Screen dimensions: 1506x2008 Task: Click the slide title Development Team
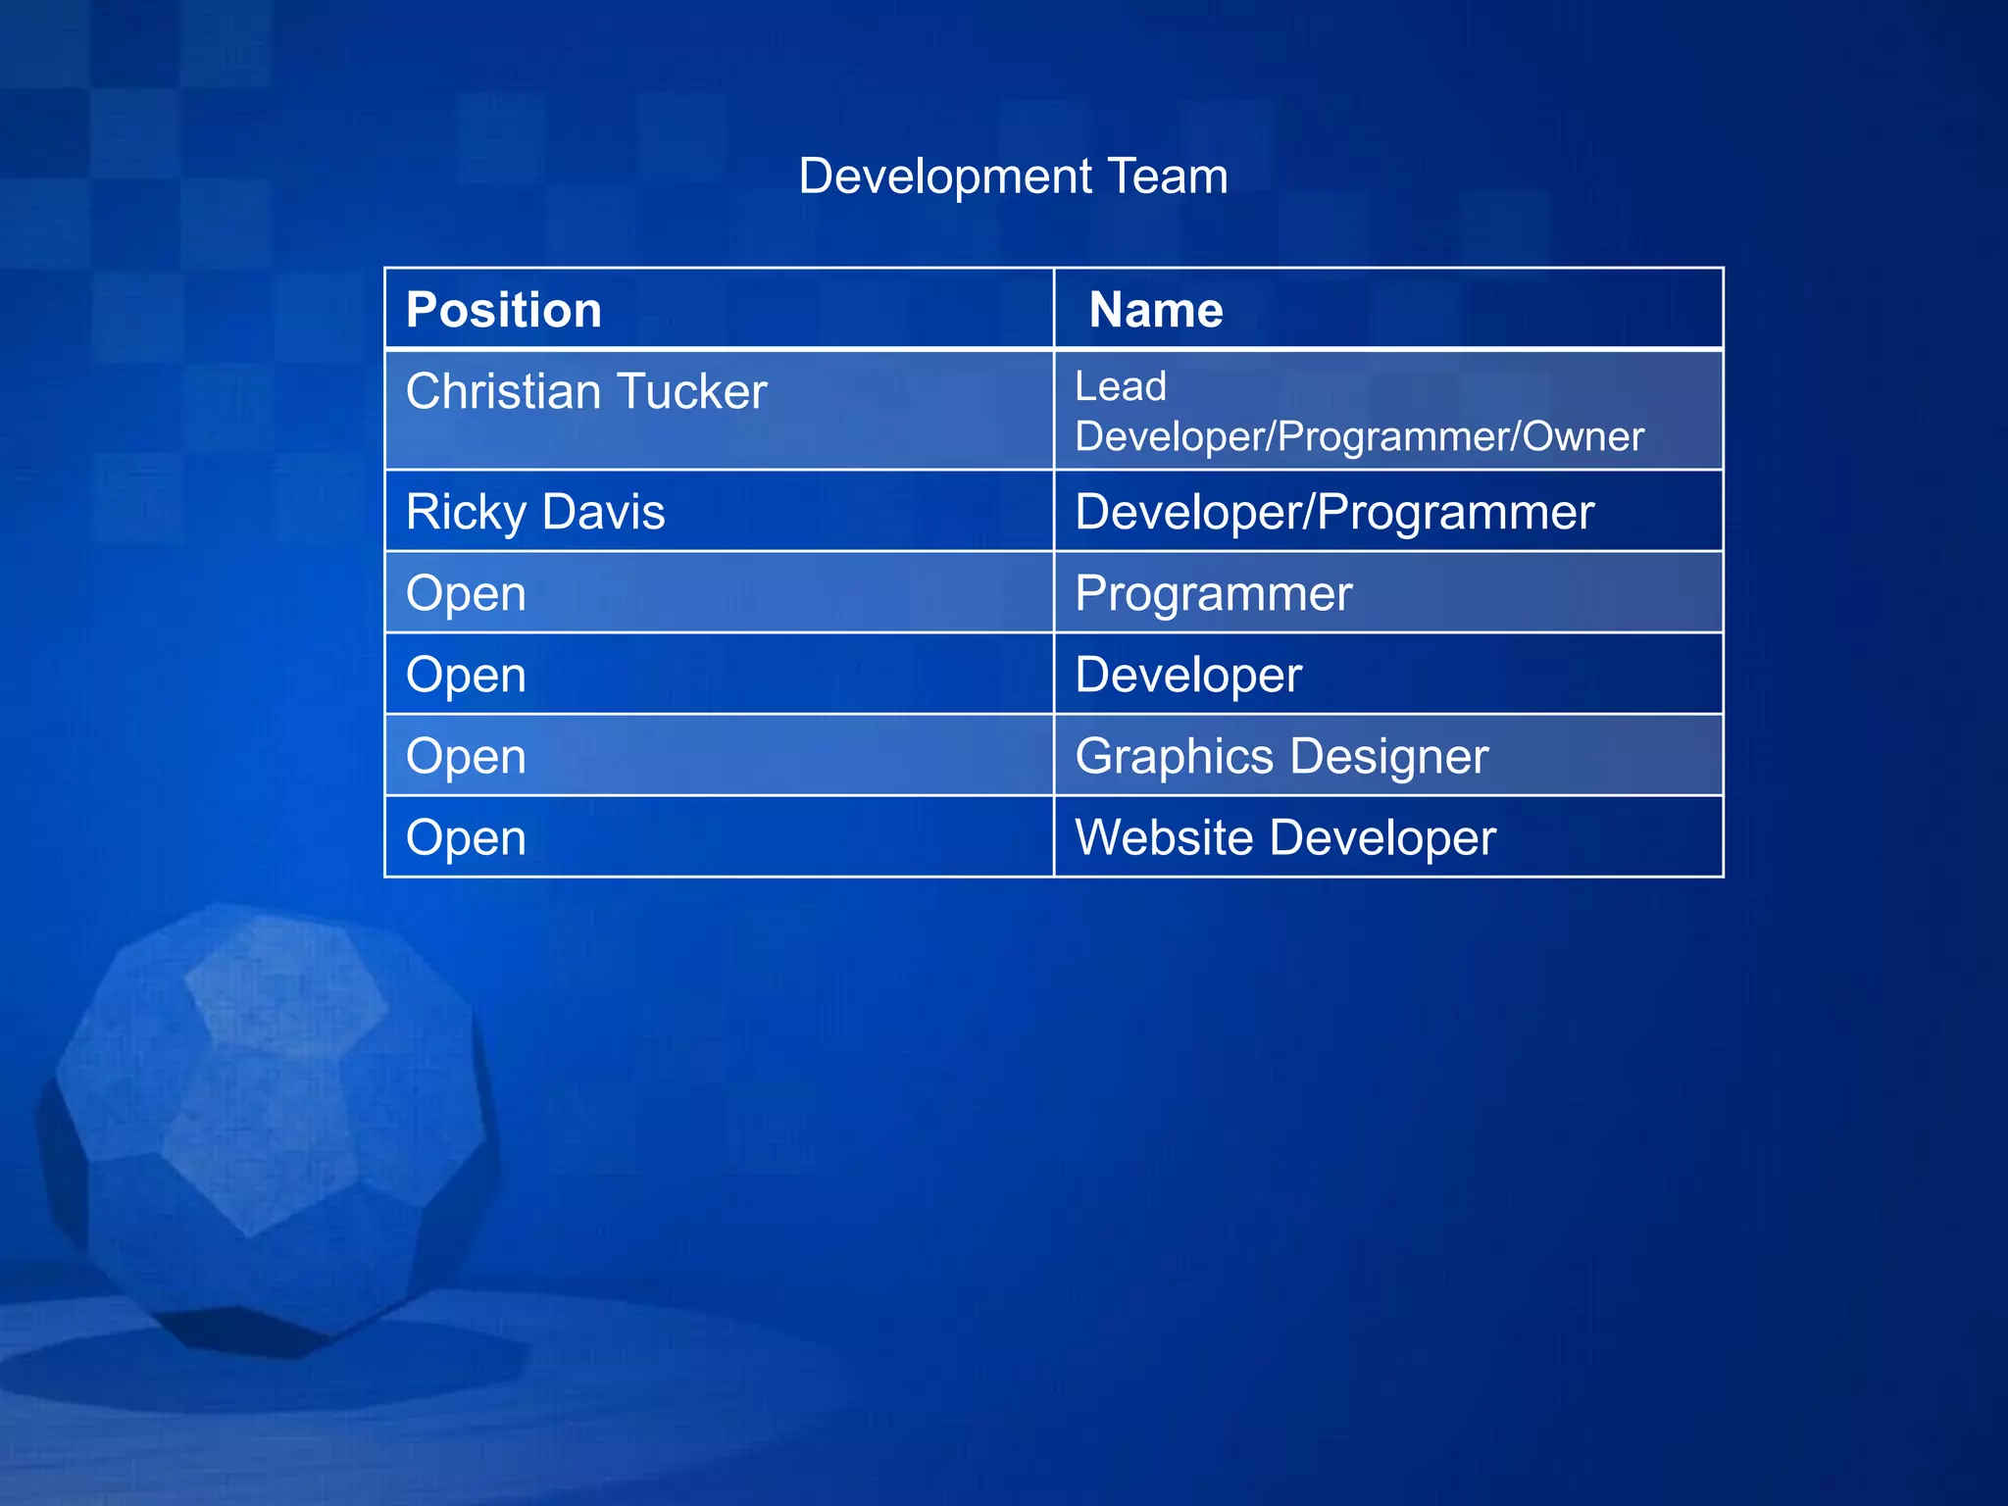[1013, 176]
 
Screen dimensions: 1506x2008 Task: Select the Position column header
[504, 310]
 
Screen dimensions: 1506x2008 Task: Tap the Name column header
[1156, 310]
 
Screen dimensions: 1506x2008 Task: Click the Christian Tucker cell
[586, 392]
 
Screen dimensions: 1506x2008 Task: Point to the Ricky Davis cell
[535, 513]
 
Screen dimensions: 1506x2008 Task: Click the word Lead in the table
[1121, 386]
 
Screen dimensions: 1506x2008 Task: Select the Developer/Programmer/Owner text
[1359, 437]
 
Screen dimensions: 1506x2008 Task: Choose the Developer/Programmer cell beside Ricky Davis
[1334, 513]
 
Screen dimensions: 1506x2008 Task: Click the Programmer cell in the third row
[1214, 594]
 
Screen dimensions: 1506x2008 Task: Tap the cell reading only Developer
[1188, 676]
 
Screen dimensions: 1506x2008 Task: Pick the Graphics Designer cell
[1281, 757]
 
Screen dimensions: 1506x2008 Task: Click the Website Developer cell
[1285, 838]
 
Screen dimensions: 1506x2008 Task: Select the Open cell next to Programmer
[467, 594]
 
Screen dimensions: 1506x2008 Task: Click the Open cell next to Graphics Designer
[467, 757]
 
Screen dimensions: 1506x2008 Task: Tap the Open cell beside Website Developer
[467, 838]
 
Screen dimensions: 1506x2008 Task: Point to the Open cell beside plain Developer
[467, 676]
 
